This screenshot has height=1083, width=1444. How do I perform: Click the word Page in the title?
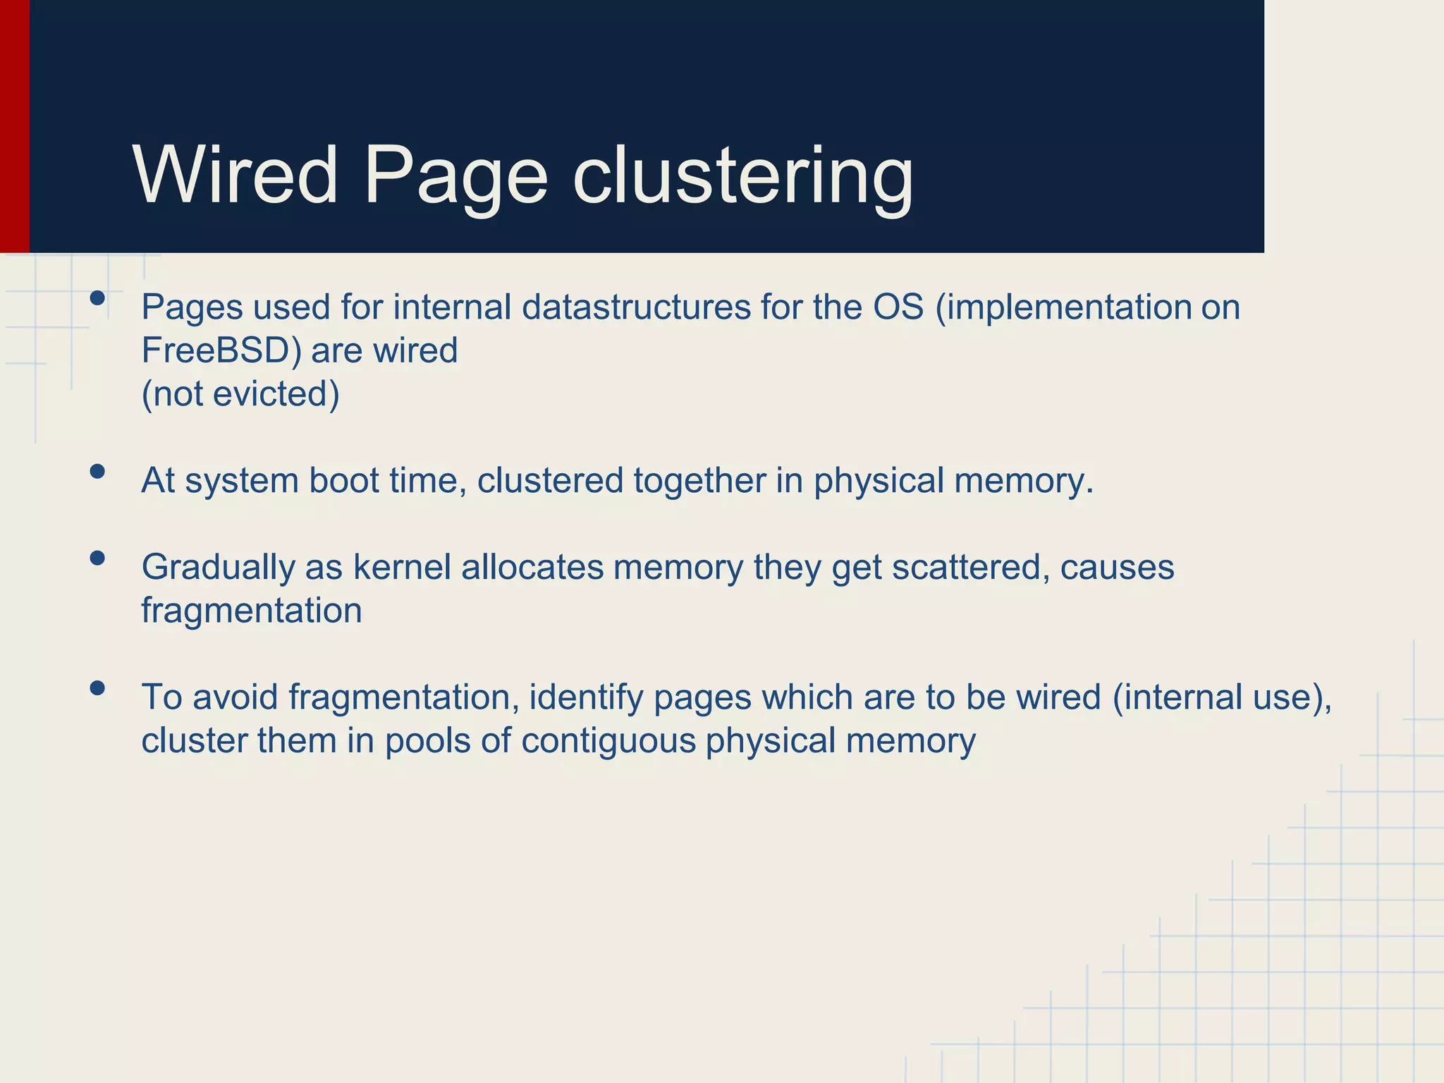coord(455,176)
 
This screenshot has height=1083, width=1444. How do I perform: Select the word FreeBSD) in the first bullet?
coord(221,350)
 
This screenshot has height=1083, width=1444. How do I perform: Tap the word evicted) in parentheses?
coord(276,394)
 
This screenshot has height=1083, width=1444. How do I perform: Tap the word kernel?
coord(401,568)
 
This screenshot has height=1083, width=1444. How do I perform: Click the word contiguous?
coord(608,741)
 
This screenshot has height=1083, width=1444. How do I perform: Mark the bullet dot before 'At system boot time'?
coord(97,471)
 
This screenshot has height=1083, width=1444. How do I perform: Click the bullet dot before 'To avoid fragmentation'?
coord(97,687)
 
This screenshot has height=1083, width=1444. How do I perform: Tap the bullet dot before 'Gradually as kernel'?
coord(97,558)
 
